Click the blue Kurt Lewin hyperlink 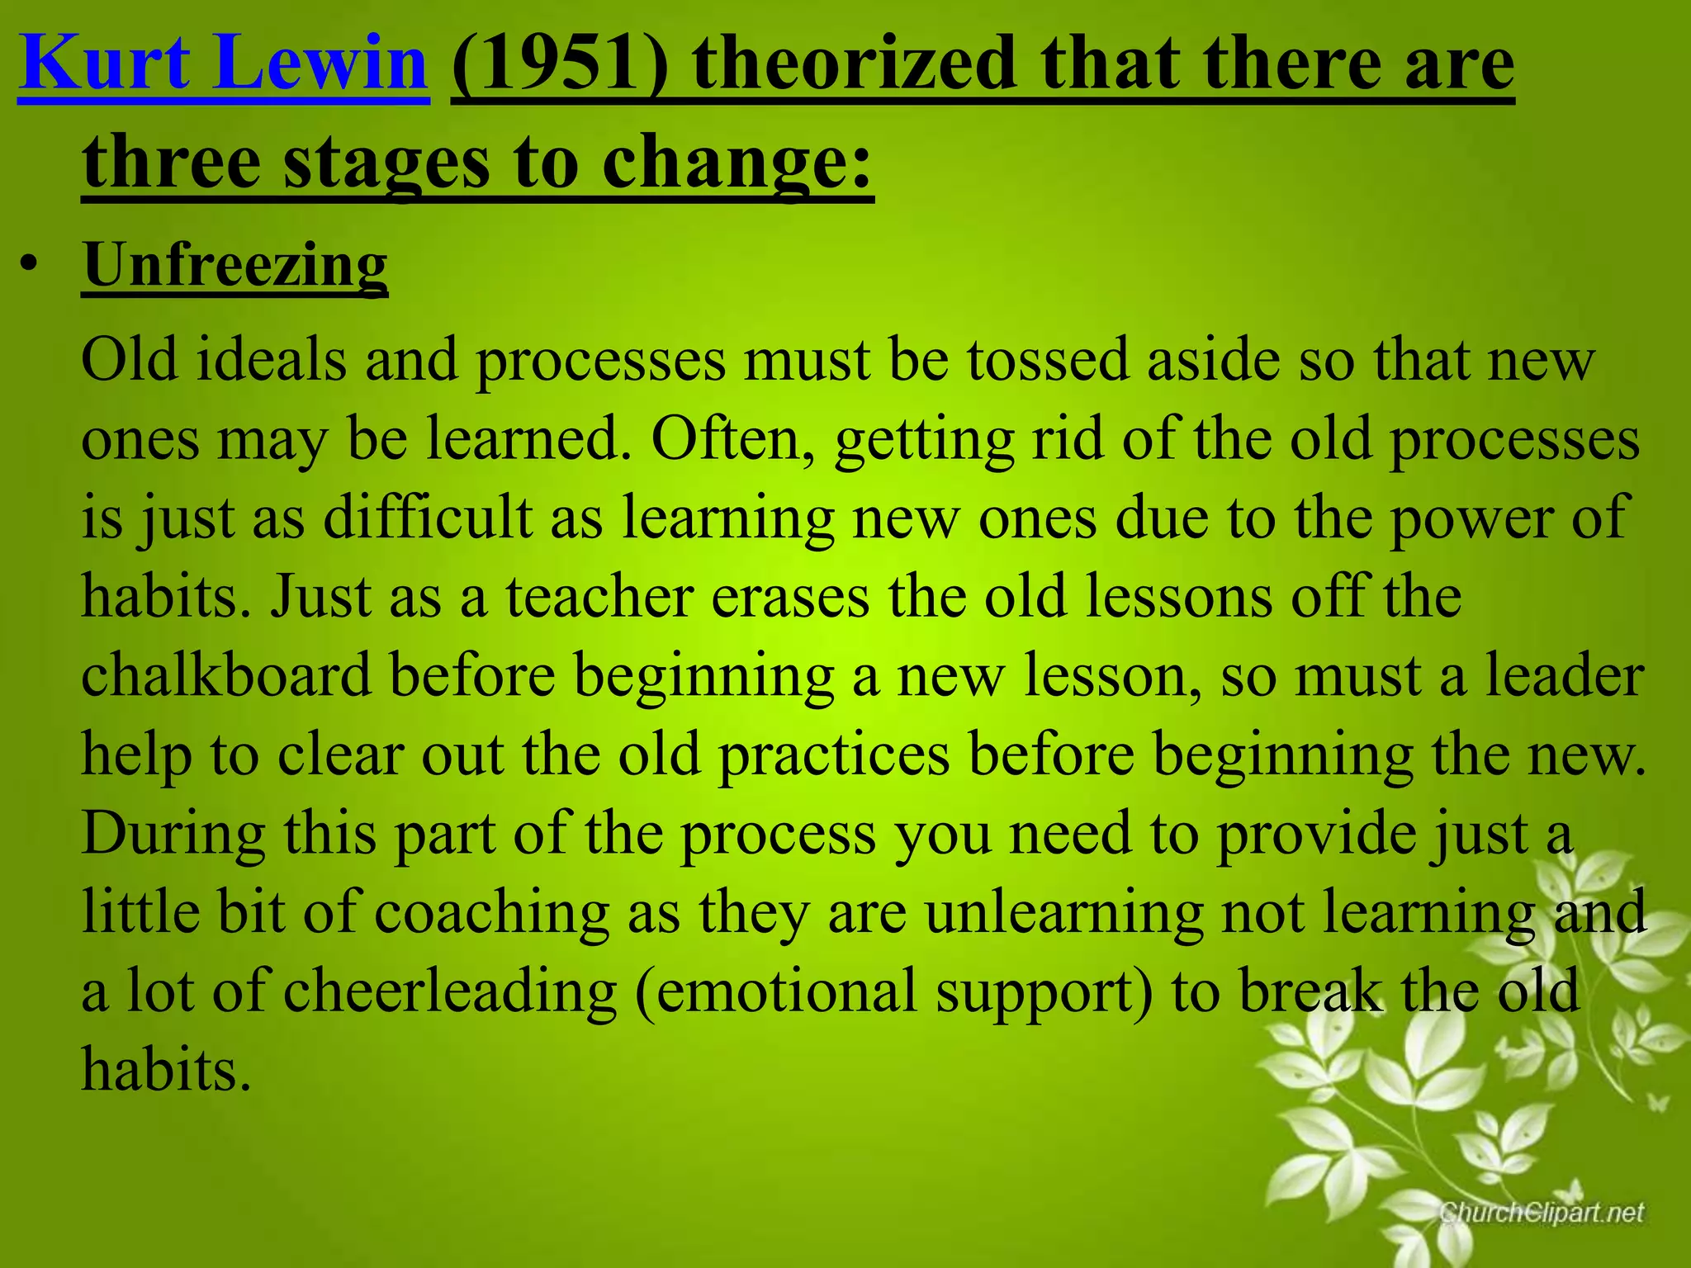[x=223, y=64]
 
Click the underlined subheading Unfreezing [x=235, y=266]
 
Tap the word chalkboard [x=226, y=675]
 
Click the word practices [x=834, y=755]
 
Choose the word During [x=173, y=833]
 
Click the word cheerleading [x=450, y=991]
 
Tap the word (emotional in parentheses [x=776, y=991]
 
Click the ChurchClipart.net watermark [x=1541, y=1212]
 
